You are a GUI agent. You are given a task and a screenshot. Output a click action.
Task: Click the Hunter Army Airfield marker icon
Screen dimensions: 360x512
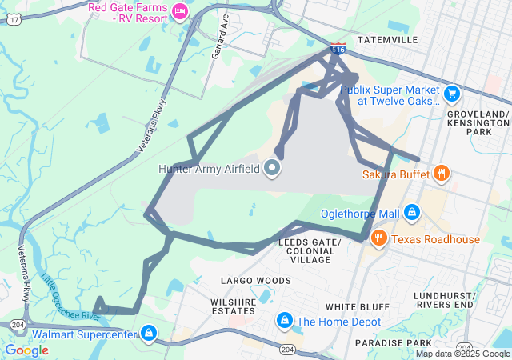272,168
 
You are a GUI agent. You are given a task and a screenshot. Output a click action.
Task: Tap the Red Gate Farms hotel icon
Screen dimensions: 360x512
180,10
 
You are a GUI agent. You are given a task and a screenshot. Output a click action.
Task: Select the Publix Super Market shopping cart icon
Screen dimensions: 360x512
451,94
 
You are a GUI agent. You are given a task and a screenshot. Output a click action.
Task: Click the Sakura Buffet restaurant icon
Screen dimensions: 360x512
441,173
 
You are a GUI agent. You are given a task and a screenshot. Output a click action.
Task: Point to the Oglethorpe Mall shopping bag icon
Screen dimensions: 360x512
411,213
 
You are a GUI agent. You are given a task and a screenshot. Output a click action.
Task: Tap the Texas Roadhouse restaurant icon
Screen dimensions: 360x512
379,238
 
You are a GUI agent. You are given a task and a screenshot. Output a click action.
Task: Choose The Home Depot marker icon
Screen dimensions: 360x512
284,321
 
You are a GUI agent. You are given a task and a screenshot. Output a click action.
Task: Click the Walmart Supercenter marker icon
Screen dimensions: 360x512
148,332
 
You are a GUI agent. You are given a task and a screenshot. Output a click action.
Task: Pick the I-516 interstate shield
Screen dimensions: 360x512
339,50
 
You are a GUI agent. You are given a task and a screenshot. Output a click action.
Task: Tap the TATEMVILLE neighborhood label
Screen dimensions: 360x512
387,39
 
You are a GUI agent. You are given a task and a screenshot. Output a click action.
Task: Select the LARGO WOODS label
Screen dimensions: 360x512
256,281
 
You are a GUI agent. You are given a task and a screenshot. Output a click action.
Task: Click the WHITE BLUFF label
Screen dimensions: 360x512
357,307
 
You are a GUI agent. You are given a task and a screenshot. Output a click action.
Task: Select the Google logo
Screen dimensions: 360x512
26,350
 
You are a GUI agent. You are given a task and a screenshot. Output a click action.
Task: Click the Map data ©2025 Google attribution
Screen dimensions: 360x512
462,354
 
